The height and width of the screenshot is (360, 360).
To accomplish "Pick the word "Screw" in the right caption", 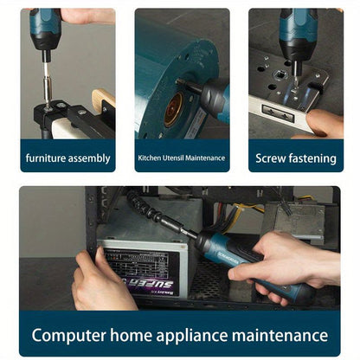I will click(x=271, y=158).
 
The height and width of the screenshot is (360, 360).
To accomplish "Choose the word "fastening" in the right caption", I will click(x=312, y=158).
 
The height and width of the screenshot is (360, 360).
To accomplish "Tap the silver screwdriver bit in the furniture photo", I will click(x=46, y=82).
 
